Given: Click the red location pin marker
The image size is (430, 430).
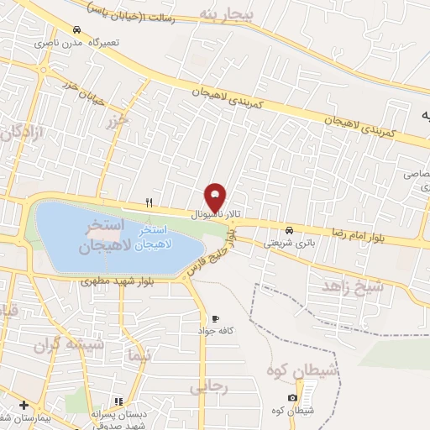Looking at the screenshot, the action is click(215, 198).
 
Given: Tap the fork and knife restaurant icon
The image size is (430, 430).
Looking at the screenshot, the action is click(149, 202).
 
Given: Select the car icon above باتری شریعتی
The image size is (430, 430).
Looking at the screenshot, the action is click(289, 230).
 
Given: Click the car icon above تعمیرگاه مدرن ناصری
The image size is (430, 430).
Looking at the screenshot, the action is click(77, 29).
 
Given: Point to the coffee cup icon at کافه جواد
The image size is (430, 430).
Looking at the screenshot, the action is click(215, 319).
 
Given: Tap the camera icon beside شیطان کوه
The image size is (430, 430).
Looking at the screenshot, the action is click(291, 397).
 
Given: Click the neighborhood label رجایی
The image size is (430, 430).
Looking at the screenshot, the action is click(209, 388).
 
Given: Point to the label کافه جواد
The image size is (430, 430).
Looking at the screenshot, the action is click(238, 331).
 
